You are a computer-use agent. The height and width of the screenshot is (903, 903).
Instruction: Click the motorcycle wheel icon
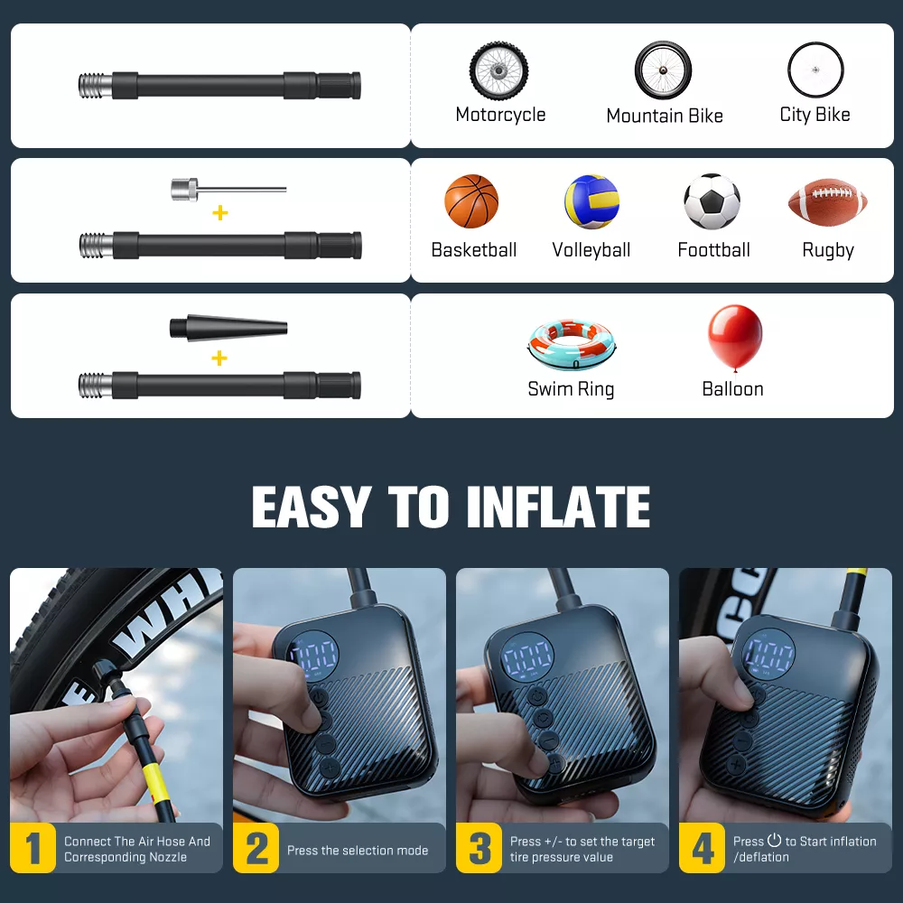point(498,70)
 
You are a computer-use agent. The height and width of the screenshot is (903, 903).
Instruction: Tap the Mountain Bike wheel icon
point(664,70)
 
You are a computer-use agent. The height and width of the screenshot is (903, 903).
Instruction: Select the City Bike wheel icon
point(815,70)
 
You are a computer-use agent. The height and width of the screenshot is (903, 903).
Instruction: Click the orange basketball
point(471,201)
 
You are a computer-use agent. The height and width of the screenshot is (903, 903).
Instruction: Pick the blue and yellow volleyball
point(592,201)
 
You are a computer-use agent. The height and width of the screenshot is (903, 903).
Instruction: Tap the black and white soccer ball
point(712,201)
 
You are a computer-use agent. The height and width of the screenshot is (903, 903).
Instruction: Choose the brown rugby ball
point(827,202)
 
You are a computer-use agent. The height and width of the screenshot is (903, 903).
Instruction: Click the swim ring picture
point(572,344)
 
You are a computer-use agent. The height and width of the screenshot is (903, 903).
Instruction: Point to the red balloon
point(735,338)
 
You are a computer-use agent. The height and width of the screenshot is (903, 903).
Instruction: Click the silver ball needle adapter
point(228,189)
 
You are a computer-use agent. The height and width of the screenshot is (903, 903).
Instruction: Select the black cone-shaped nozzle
point(228,329)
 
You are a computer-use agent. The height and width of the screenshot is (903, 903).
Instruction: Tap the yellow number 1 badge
point(33,848)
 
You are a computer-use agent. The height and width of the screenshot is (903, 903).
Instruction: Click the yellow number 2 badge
point(256,848)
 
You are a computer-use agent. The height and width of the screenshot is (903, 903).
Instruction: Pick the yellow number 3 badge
point(479,848)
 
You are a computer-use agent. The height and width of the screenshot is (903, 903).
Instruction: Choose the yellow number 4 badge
point(702,848)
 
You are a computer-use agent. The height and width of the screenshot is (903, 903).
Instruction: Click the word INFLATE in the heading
point(558,507)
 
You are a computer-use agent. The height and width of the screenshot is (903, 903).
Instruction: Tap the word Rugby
point(828,250)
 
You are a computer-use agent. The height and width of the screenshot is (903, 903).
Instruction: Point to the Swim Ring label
point(571,389)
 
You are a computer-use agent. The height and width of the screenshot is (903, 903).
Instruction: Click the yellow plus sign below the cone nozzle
point(219,358)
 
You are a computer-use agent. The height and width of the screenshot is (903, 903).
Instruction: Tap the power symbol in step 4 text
point(775,840)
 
